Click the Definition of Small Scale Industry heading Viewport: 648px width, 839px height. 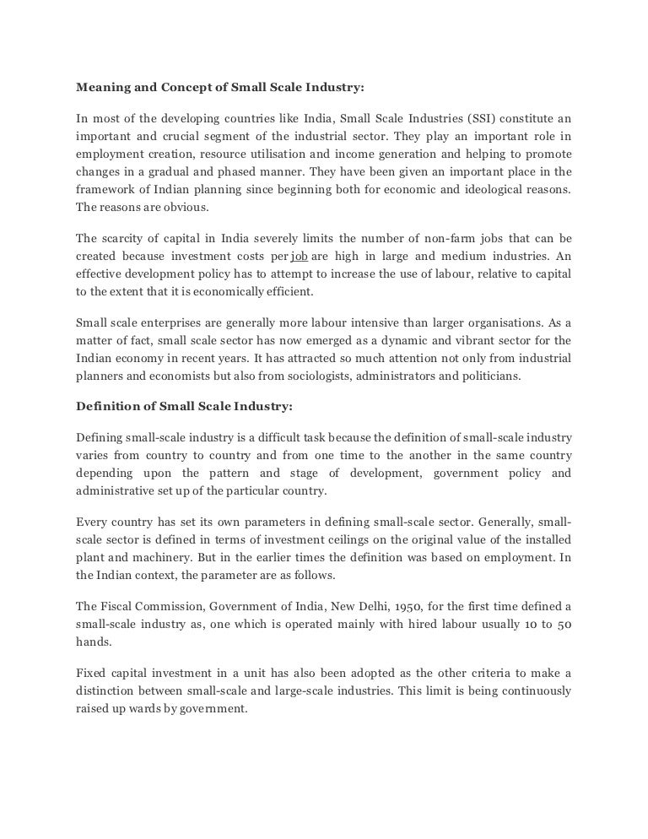[x=184, y=406]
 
